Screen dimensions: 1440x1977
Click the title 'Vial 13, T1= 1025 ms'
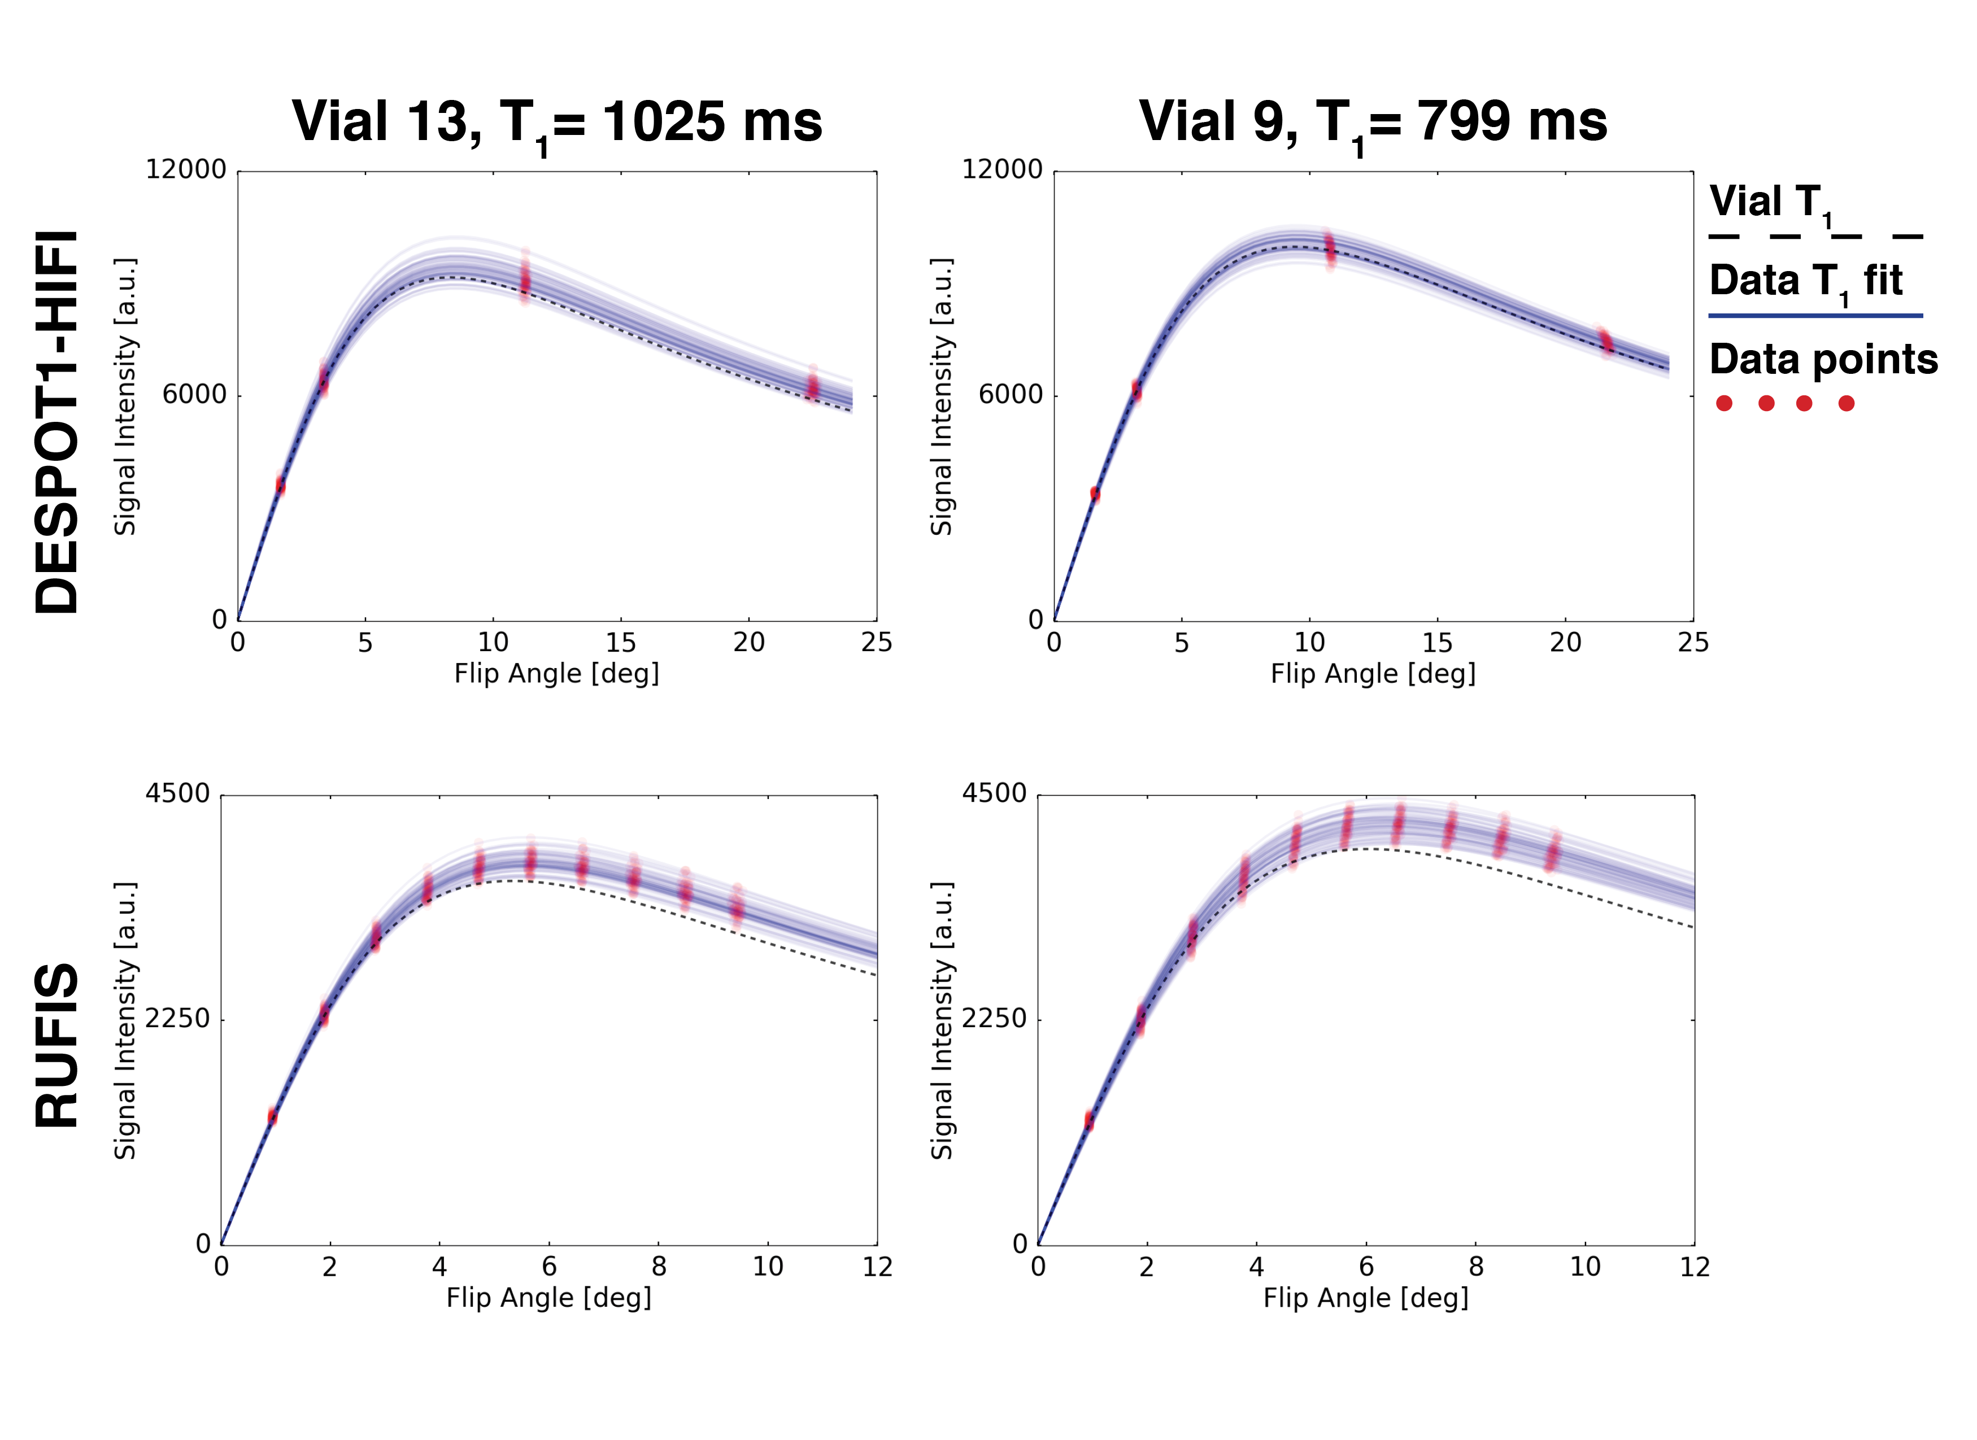[557, 122]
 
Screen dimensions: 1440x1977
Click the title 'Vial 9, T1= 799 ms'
[1373, 122]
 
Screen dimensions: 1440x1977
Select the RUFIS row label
[58, 1045]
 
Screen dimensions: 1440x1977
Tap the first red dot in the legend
[1724, 403]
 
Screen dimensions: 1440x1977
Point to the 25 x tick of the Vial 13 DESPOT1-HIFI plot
[876, 643]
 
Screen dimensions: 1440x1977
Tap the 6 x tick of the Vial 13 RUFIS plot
[549, 1267]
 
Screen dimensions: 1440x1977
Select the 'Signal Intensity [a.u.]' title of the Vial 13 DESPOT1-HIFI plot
[125, 396]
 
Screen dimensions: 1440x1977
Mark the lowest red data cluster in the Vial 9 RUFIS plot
[1088, 1120]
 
